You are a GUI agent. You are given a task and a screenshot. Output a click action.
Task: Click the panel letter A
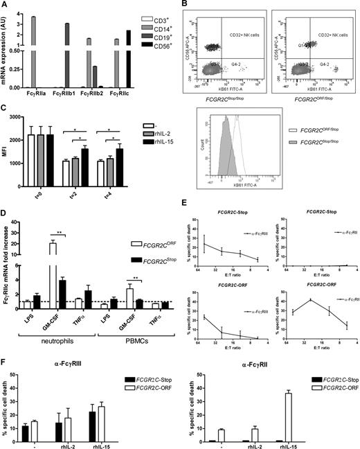click(5, 6)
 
